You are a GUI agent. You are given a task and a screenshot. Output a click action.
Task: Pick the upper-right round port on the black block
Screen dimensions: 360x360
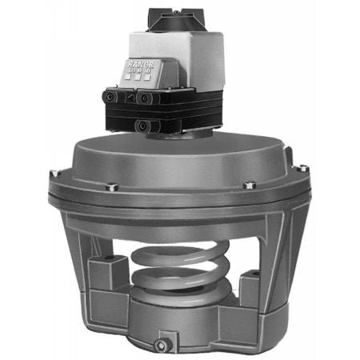point(145,97)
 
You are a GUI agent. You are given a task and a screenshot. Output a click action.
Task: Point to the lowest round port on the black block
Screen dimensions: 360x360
point(141,124)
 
